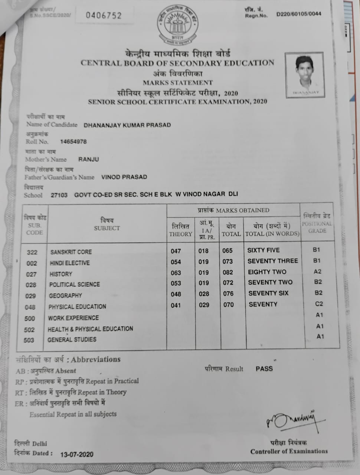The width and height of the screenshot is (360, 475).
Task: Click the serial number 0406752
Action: coord(104,15)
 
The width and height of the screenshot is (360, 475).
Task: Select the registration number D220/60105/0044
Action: coord(299,14)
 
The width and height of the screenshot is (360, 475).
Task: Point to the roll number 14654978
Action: coord(73,142)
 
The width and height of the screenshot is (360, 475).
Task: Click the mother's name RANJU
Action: coord(89,160)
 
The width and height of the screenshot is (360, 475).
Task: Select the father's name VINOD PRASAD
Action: coord(124,177)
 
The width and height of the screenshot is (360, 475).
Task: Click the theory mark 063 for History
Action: coord(176,273)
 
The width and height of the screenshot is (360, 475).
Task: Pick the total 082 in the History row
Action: coord(228,273)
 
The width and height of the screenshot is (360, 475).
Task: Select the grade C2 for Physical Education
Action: coord(319,304)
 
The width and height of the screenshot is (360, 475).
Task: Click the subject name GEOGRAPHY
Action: coord(65,296)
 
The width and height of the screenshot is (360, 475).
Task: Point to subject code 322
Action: coord(32,252)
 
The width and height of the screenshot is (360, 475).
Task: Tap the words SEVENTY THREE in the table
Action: coord(273,261)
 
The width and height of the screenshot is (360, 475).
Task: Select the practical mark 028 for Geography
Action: coord(203,294)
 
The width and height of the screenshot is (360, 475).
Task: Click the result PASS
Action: coord(264,368)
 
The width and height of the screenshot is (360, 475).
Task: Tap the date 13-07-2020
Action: coord(77,454)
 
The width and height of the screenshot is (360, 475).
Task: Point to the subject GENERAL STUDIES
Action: coord(72,340)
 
